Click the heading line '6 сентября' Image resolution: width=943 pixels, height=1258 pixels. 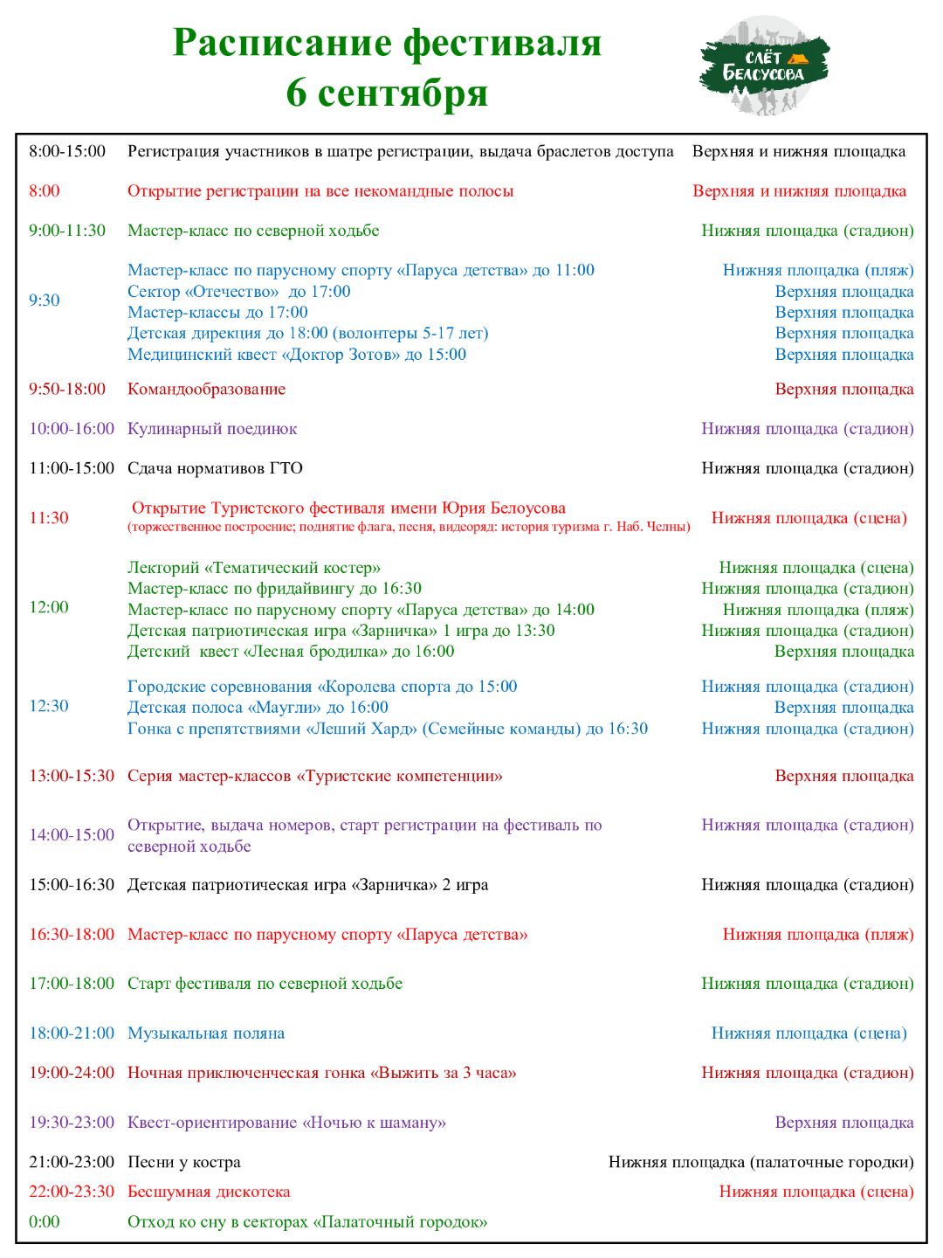pos(387,93)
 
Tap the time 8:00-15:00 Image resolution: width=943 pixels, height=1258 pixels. pos(67,151)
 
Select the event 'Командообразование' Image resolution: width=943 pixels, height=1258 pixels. pos(206,389)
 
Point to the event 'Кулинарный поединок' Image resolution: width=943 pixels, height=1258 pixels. pos(212,428)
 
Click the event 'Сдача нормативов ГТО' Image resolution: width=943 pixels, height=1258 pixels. pos(215,468)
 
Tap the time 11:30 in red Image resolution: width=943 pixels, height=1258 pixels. pos(49,517)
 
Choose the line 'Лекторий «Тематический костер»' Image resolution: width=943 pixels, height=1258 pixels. pos(254,568)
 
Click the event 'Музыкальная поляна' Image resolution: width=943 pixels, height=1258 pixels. pos(206,1033)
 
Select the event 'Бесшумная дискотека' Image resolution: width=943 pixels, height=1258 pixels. pos(209,1192)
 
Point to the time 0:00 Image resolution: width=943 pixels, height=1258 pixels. pos(45,1221)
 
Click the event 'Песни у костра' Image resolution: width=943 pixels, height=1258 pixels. pos(184,1162)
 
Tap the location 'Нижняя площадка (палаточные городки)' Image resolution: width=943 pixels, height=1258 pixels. pos(761,1162)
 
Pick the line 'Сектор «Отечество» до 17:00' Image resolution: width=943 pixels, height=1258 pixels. pos(238,292)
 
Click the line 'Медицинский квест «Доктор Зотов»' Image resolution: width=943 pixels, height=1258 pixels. pos(297,355)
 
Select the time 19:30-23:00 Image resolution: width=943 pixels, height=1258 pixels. pos(72,1122)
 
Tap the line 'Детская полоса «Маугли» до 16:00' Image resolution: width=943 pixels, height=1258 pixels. pos(258,708)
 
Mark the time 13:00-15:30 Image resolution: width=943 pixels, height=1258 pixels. pos(72,776)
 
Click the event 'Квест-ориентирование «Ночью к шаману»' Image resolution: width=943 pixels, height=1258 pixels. pos(286,1122)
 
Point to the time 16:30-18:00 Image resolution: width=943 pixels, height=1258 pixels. pos(72,934)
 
